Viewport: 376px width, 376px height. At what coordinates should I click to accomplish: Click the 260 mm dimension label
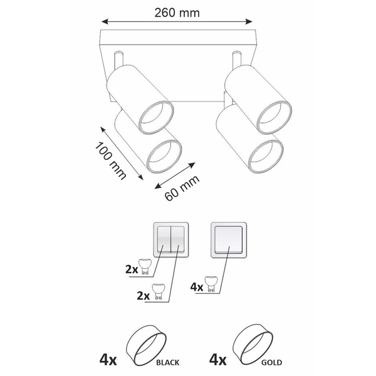[x=177, y=13]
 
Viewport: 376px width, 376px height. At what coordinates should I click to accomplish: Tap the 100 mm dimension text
[x=110, y=160]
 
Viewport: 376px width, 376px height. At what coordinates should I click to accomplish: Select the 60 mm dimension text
[x=182, y=188]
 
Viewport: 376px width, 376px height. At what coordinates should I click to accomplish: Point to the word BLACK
[x=167, y=362]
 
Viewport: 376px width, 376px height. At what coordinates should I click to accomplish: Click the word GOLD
[x=271, y=362]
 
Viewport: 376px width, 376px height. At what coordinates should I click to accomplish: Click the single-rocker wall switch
[x=229, y=240]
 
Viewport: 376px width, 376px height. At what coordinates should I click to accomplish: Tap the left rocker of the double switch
[x=164, y=240]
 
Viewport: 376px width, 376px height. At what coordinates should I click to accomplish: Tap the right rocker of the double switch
[x=177, y=240]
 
